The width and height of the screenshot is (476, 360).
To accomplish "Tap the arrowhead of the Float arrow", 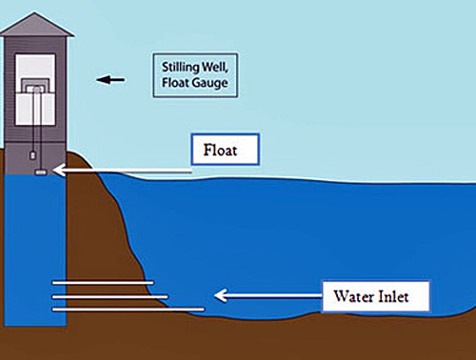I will pos(58,171).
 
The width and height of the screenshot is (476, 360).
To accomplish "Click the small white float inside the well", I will pos(40,172).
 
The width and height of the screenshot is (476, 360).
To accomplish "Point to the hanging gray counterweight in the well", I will pos(31,150).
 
